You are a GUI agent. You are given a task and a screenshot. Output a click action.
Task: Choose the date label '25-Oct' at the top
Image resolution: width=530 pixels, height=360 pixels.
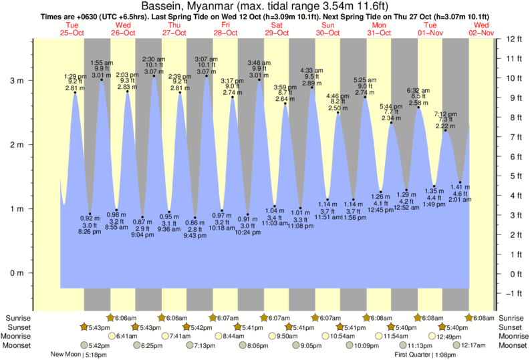72,33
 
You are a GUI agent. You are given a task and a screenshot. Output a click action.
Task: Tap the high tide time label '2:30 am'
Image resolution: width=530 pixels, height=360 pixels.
154,59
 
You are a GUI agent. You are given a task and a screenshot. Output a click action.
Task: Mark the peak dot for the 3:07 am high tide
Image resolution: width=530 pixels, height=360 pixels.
207,76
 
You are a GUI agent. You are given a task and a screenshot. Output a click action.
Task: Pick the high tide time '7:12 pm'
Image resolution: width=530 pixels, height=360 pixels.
446,114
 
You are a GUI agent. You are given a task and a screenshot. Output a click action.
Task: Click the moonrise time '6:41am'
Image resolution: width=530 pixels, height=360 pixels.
126,336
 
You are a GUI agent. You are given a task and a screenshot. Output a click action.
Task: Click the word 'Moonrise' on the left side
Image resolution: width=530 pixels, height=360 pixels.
19,336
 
